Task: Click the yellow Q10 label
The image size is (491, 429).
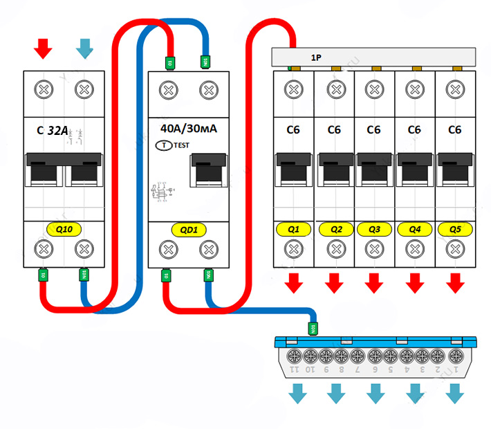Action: pos(64,228)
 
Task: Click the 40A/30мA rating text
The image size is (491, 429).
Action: pos(188,129)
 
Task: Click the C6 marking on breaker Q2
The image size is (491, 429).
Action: pos(334,129)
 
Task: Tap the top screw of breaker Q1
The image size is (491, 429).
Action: pos(294,89)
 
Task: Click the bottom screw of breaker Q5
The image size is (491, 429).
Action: pos(454,248)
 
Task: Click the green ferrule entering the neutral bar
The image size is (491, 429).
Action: pos(313,328)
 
